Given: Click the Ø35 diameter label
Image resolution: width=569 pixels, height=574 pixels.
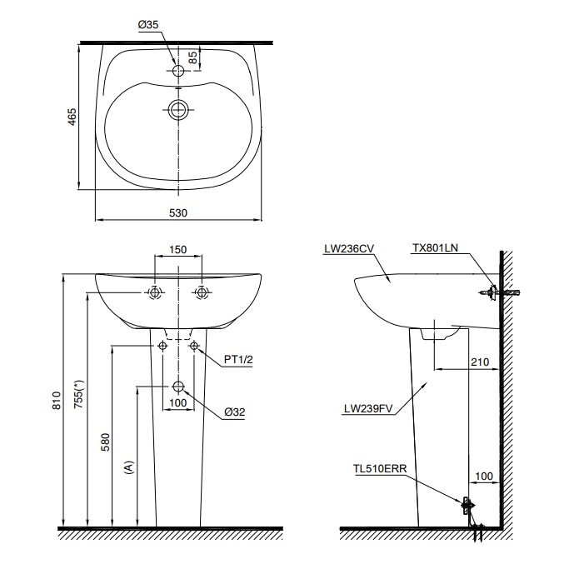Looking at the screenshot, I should point(148,26).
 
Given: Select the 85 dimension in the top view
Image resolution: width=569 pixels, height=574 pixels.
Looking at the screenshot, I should point(193,57).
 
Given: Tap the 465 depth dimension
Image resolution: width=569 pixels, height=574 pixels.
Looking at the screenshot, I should point(72,117).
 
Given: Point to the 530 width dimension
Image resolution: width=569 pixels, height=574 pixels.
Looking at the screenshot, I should point(178,213).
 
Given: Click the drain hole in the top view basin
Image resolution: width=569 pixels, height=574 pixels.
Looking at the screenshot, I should point(178,108).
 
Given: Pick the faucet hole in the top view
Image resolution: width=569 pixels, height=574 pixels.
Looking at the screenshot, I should point(178,71).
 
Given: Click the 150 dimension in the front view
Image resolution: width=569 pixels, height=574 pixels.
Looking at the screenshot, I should point(177,249).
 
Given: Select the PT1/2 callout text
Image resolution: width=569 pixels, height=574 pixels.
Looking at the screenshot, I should point(239,360).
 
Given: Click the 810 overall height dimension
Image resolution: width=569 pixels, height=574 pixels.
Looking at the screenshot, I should point(56,401).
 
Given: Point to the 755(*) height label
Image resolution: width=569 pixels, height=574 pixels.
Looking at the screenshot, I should point(80,397).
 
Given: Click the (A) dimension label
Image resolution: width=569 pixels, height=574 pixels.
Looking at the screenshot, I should point(128,467).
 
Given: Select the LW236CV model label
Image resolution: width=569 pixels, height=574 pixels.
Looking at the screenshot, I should point(349,248).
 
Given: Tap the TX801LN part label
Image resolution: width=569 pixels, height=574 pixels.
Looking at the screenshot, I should point(435,248).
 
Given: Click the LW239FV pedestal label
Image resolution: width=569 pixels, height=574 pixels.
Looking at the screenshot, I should point(368,409).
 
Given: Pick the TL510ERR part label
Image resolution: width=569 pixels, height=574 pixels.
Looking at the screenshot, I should point(380,469).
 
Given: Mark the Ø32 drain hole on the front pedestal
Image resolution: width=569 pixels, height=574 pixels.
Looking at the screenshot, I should point(178,387).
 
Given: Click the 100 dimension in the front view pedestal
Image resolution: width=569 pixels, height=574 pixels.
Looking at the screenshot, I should point(177,404).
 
